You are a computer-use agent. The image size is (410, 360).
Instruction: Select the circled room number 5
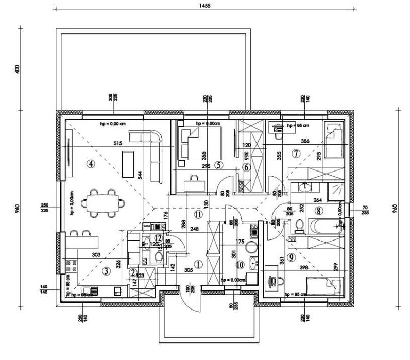219,165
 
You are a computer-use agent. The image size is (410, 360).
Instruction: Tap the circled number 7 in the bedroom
296,153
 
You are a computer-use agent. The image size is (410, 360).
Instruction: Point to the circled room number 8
319,210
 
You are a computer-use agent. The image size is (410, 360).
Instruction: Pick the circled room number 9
292,258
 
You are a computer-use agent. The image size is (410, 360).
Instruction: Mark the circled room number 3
106,270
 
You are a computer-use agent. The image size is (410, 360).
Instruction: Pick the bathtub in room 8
323,226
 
